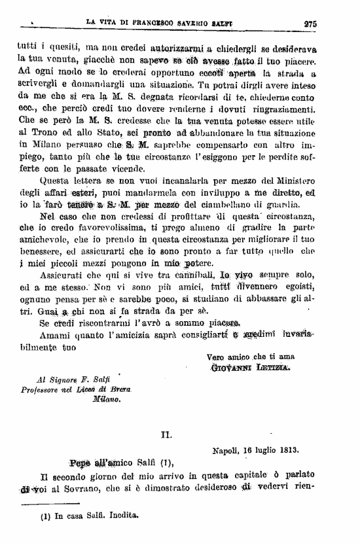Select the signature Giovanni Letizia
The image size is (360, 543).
click(249, 368)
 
